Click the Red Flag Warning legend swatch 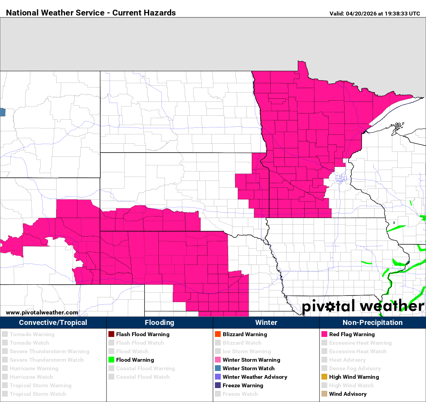[x=324, y=334]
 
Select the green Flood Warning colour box [x=111, y=360]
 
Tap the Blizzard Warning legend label [x=245, y=334]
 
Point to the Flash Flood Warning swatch [x=111, y=334]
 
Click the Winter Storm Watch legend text [x=248, y=368]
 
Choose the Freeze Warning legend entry [x=243, y=385]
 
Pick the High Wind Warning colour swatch [x=324, y=377]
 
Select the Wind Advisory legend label [x=348, y=394]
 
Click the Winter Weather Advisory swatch [x=218, y=377]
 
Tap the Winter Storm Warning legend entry [x=251, y=360]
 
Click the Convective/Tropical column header [x=53, y=323]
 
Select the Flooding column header [x=160, y=323]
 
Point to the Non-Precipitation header [x=373, y=323]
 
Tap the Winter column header [x=266, y=323]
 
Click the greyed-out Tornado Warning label [x=32, y=334]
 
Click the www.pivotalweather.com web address [x=42, y=313]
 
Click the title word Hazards [x=159, y=13]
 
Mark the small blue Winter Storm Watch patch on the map [x=2, y=112]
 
